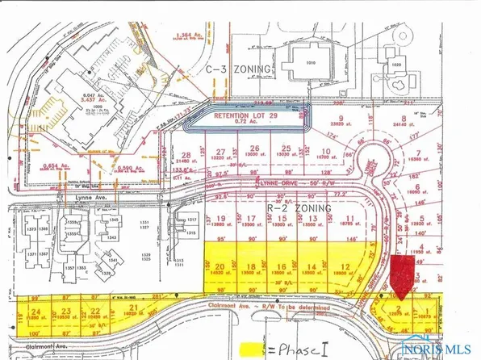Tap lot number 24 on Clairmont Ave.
point(35,311)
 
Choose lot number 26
point(254,149)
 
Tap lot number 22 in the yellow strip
point(96,311)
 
